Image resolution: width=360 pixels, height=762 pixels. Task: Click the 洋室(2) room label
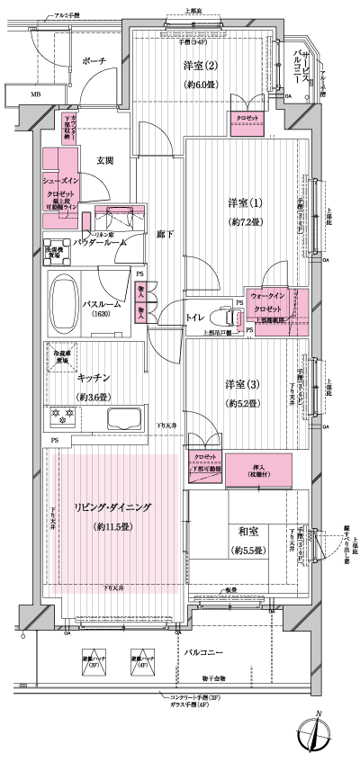tap(202, 65)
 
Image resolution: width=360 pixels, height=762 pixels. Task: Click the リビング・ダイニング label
tap(112, 507)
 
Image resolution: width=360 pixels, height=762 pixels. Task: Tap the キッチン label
tap(94, 379)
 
